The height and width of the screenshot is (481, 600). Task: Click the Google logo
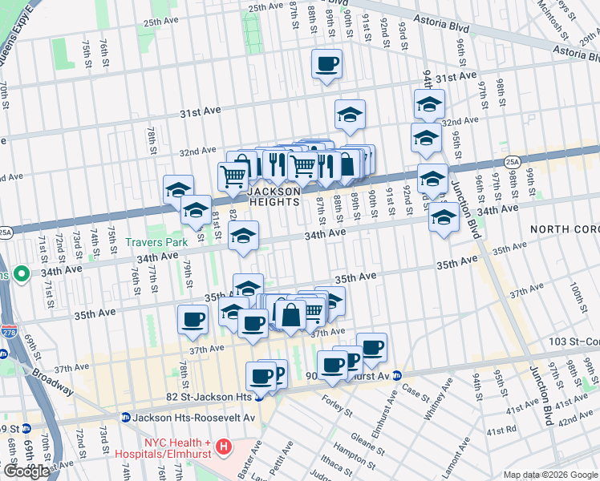pos(26,471)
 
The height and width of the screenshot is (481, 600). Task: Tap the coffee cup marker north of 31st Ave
pos(326,63)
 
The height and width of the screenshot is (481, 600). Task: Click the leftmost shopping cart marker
pos(233,175)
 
